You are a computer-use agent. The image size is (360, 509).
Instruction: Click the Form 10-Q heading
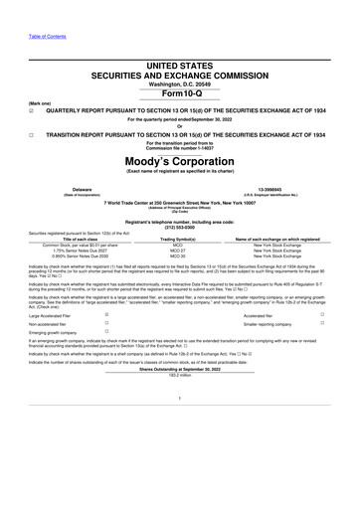click(x=180, y=95)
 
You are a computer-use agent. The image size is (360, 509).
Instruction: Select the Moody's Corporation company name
click(x=180, y=161)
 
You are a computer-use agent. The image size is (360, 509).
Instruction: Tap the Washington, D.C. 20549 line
click(x=180, y=85)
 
